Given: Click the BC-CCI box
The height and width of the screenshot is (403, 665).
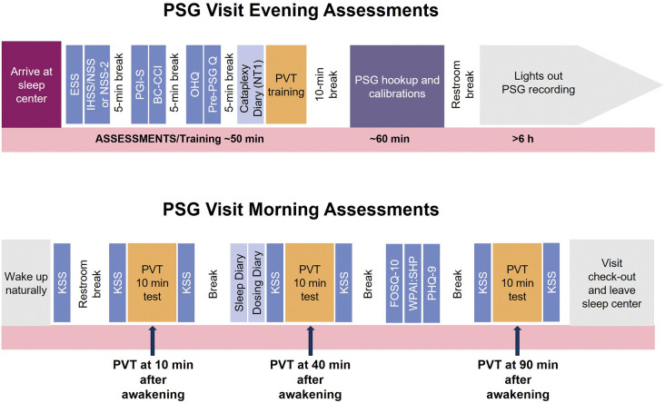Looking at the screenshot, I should (x=157, y=84).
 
